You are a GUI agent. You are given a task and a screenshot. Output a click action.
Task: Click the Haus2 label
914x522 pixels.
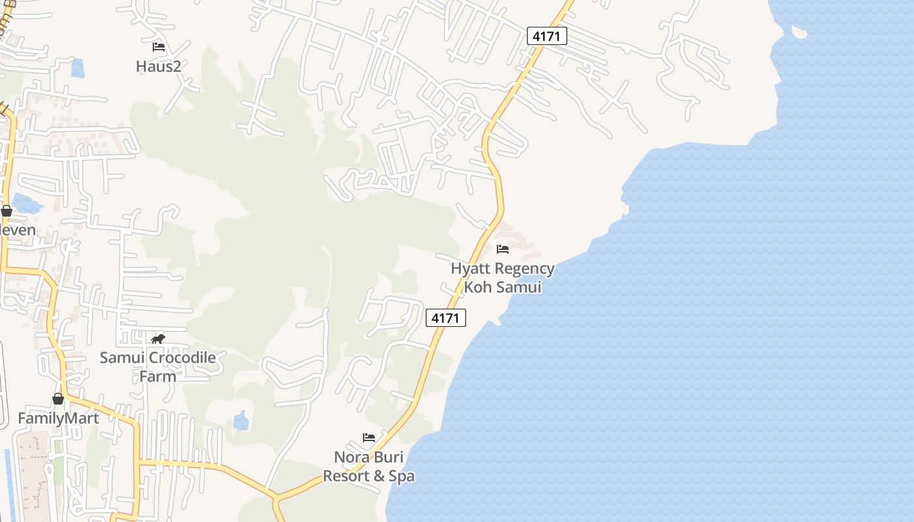click(158, 66)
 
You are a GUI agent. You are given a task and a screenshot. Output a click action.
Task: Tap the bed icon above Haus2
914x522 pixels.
click(158, 47)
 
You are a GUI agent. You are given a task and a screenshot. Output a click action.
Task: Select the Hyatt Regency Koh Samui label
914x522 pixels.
click(503, 277)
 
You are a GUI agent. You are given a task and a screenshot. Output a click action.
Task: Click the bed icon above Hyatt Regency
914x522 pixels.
click(503, 249)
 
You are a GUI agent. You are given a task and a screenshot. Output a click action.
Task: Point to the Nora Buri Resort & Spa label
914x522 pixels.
click(369, 466)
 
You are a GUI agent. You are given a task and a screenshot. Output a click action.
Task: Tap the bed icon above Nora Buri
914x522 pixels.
click(369, 437)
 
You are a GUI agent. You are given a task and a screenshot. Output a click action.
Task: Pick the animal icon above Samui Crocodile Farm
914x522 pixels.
click(158, 339)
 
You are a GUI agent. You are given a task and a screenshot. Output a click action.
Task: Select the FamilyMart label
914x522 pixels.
click(58, 418)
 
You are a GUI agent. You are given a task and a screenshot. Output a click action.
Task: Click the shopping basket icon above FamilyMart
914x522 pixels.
click(58, 399)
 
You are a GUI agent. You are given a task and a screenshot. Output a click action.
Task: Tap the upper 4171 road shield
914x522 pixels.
click(546, 37)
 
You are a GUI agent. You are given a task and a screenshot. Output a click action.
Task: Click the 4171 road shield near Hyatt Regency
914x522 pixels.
click(446, 318)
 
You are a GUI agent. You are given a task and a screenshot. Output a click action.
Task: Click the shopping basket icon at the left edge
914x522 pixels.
click(7, 211)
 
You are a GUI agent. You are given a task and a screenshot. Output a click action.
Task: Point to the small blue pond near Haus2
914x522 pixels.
click(78, 68)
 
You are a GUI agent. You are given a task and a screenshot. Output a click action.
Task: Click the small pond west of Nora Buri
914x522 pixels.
click(241, 421)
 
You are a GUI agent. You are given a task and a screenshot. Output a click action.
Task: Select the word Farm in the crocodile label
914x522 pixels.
click(157, 376)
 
